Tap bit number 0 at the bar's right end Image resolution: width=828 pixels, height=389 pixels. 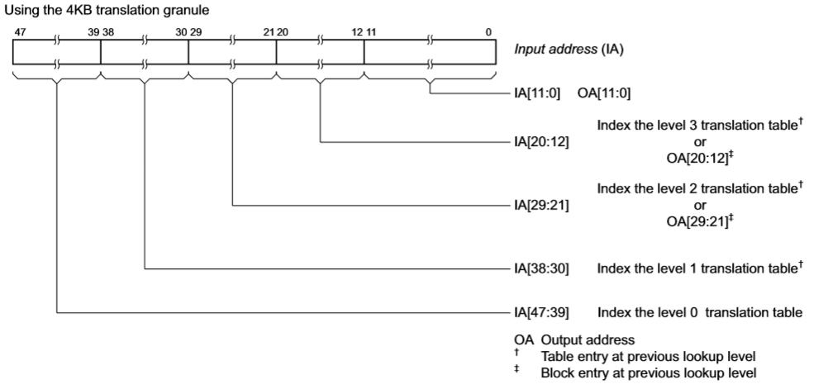click(x=488, y=32)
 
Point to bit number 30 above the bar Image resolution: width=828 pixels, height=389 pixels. click(x=181, y=32)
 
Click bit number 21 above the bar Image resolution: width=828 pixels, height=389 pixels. click(x=269, y=32)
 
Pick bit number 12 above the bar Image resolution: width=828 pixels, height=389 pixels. click(x=356, y=32)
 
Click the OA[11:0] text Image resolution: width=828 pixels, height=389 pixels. click(x=604, y=93)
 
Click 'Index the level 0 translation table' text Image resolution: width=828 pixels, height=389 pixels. click(x=699, y=312)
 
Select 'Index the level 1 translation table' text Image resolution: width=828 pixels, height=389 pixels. click(x=696, y=268)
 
